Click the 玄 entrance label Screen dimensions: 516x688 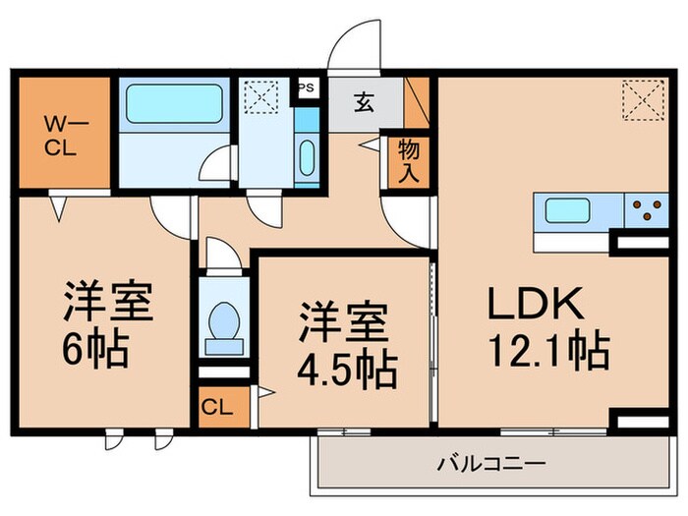363,102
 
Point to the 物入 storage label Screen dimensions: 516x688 409,160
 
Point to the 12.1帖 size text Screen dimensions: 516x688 548,349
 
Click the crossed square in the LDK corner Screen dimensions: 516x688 639,98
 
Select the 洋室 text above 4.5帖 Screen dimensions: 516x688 344,323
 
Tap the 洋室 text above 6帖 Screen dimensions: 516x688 108,302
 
